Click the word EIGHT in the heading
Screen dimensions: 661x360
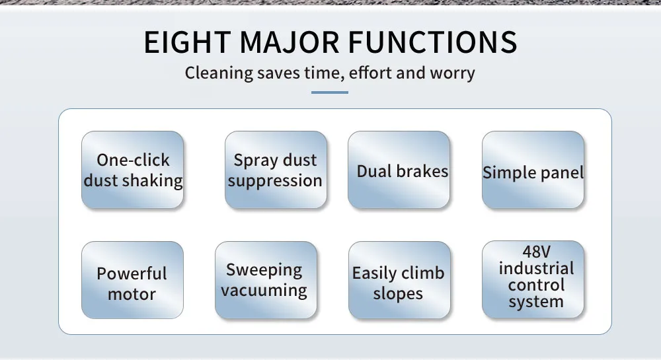[187, 42]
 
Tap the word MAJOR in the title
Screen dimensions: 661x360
[290, 42]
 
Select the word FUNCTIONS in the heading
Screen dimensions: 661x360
[432, 42]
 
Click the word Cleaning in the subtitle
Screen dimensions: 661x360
[219, 73]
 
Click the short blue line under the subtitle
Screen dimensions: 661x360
[330, 92]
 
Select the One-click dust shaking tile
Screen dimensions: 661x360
[132, 170]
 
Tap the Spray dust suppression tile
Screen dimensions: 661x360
[276, 170]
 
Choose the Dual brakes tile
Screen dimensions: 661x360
[399, 170]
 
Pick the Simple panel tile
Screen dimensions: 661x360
[533, 170]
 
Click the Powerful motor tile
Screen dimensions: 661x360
[132, 280]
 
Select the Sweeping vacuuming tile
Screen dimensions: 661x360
[266, 280]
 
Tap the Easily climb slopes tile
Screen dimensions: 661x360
[400, 280]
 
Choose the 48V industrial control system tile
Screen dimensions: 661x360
[533, 279]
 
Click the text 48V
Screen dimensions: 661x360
[536, 252]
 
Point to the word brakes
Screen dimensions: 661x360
[422, 171]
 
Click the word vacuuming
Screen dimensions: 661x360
[264, 291]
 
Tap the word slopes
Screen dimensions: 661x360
[398, 294]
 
